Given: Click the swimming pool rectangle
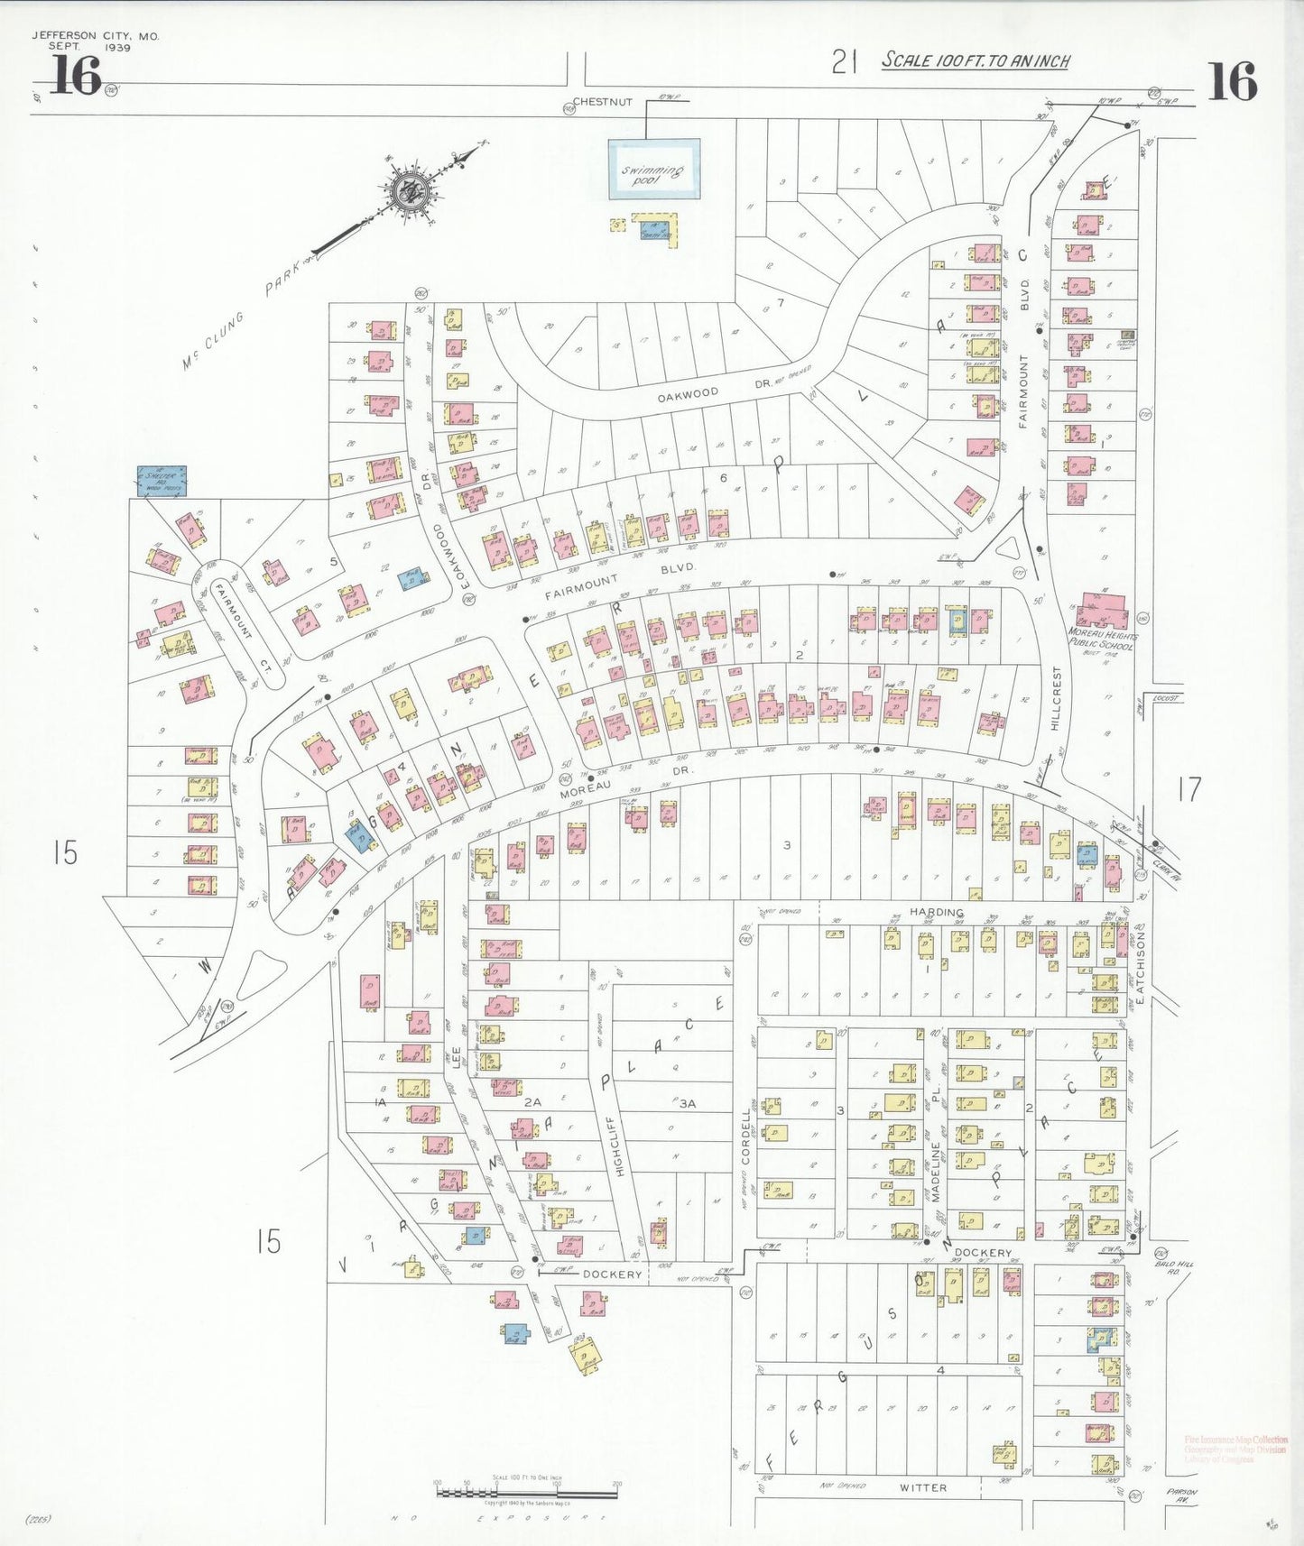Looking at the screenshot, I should click(653, 169).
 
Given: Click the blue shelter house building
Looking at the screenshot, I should click(162, 481).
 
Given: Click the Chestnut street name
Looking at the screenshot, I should click(603, 102).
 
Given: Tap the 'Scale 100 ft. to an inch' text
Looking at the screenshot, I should click(975, 61).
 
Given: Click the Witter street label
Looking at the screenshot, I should click(922, 1487).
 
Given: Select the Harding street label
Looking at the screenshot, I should click(936, 912).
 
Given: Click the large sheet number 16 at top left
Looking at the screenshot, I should click(75, 76).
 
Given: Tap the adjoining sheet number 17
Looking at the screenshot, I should click(1189, 790).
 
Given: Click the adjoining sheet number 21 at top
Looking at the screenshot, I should click(844, 62).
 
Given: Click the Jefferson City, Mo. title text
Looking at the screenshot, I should click(95, 36).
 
